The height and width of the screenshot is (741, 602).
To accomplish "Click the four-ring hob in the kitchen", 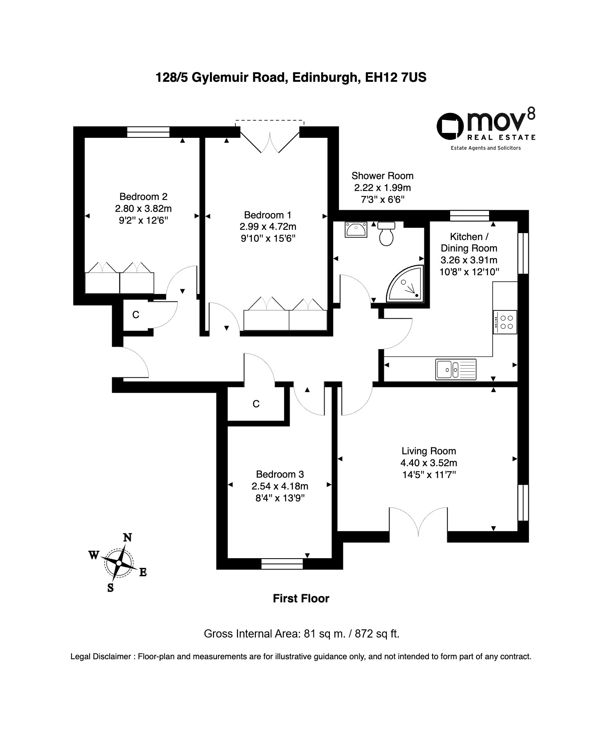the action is [505, 322].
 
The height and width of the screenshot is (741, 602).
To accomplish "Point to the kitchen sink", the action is [456, 369].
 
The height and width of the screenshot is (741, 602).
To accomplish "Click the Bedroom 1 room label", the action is [268, 215].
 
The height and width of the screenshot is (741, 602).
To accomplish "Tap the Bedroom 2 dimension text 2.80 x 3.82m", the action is [143, 209].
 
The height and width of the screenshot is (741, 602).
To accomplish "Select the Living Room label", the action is [428, 451].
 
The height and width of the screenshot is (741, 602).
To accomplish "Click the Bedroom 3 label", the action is [280, 474].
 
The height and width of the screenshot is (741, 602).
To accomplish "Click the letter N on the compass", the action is [128, 537].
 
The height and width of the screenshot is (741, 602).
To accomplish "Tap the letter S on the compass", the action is [110, 588].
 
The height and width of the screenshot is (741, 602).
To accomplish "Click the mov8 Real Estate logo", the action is [486, 129].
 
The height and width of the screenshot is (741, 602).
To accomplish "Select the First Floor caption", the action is [301, 599].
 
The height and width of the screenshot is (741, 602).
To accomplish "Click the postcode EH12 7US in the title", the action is [396, 77].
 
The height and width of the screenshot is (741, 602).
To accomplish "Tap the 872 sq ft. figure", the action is [377, 634].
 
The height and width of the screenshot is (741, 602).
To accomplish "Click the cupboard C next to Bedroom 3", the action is [256, 404].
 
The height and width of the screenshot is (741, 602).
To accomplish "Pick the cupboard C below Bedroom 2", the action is [136, 315].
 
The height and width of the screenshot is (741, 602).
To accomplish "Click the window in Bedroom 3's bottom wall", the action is [282, 564].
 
